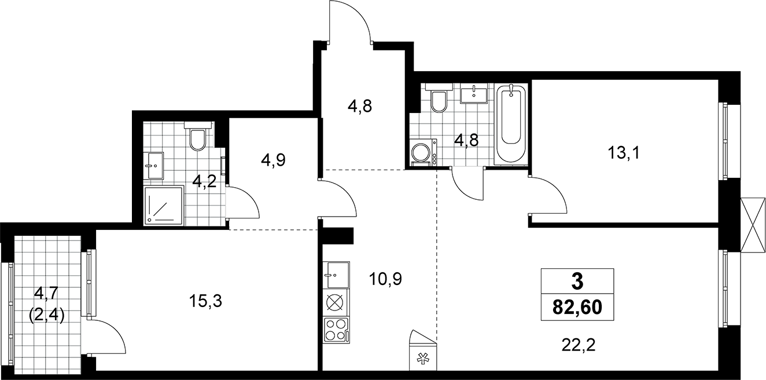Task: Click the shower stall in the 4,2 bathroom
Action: tap(164, 206)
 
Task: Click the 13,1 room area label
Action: tap(624, 152)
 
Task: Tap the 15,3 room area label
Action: tap(205, 301)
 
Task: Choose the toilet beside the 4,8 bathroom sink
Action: tap(439, 98)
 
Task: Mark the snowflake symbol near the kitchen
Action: tap(423, 360)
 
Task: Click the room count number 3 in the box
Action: tap(577, 282)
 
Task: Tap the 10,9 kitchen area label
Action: tap(385, 279)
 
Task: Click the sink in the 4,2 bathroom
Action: tap(156, 165)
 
